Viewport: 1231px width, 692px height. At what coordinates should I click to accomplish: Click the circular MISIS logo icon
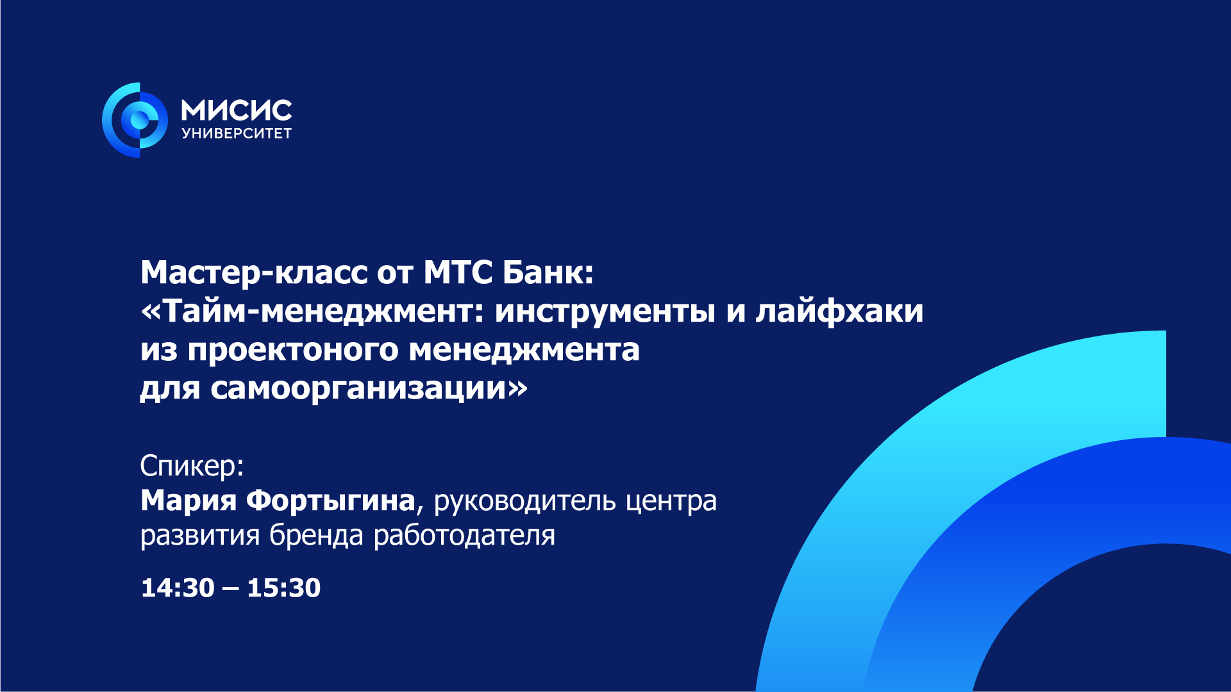point(135,120)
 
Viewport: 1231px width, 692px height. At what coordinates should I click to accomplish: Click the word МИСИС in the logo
point(237,111)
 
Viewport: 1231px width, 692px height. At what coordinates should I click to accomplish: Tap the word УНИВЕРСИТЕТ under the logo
point(237,133)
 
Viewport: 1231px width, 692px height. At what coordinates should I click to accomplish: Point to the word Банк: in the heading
point(548,272)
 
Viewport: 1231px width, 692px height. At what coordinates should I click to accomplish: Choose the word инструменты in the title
point(605,311)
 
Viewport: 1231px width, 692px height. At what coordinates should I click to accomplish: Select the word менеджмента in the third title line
point(524,350)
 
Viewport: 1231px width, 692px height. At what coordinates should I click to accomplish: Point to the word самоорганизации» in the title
point(369,388)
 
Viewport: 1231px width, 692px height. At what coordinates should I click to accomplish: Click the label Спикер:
point(192,466)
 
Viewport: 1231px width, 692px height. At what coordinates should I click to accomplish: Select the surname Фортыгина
point(331,500)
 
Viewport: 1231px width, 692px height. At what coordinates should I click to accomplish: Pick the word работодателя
point(464,536)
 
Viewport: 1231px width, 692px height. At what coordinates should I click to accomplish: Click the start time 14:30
point(178,588)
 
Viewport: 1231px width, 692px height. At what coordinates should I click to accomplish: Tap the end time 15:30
point(283,588)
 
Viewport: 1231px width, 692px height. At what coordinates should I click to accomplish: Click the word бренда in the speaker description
point(316,536)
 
